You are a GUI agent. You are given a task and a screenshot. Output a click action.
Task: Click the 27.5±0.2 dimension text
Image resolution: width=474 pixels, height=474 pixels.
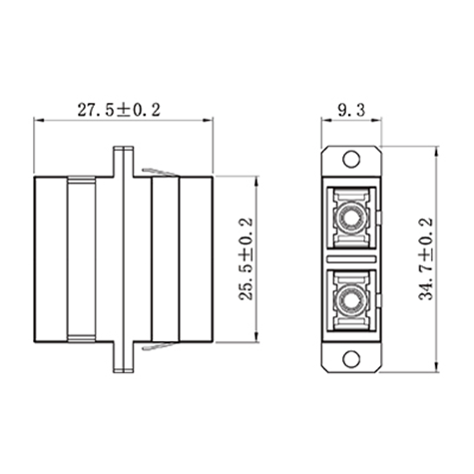click(119, 110)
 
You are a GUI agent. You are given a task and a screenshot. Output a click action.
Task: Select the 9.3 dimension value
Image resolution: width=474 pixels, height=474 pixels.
click(351, 110)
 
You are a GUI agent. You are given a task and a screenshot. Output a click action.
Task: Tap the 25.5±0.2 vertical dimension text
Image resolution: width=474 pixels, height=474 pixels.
click(246, 259)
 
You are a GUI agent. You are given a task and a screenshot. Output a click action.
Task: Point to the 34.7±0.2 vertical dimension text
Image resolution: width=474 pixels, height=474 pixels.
click(426, 259)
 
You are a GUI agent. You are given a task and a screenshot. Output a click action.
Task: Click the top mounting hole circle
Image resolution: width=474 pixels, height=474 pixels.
click(351, 159)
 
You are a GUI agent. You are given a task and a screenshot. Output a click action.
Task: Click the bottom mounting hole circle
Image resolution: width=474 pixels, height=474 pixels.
click(351, 359)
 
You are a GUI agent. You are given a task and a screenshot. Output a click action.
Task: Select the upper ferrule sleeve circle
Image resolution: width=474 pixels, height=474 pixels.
click(351, 219)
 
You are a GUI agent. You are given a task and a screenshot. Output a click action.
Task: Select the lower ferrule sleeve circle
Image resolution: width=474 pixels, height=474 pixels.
click(351, 302)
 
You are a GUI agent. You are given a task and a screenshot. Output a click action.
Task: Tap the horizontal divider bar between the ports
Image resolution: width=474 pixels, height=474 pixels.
click(351, 259)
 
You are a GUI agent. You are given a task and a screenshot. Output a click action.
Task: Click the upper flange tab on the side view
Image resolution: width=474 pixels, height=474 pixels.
click(124, 162)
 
